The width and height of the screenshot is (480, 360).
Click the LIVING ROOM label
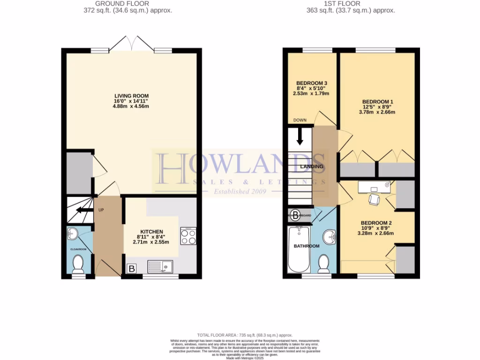pyautogui.click(x=131, y=96)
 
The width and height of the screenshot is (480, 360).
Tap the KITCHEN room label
pyautogui.click(x=150, y=232)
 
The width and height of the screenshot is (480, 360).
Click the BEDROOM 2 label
pyautogui.click(x=375, y=223)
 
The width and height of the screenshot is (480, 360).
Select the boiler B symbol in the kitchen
pyautogui.click(x=132, y=269)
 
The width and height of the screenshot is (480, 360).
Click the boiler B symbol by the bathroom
pyautogui.click(x=295, y=216)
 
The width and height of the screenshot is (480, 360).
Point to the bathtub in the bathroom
pyautogui.click(x=298, y=249)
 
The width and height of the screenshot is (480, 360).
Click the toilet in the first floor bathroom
pyautogui.click(x=323, y=264)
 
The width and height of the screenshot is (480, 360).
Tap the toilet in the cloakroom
pyautogui.click(x=78, y=263)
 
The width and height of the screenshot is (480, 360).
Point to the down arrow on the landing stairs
pyautogui.click(x=300, y=137)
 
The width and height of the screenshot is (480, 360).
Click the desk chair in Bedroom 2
pyautogui.click(x=374, y=199)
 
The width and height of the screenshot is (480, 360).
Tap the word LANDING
pyautogui.click(x=312, y=166)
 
